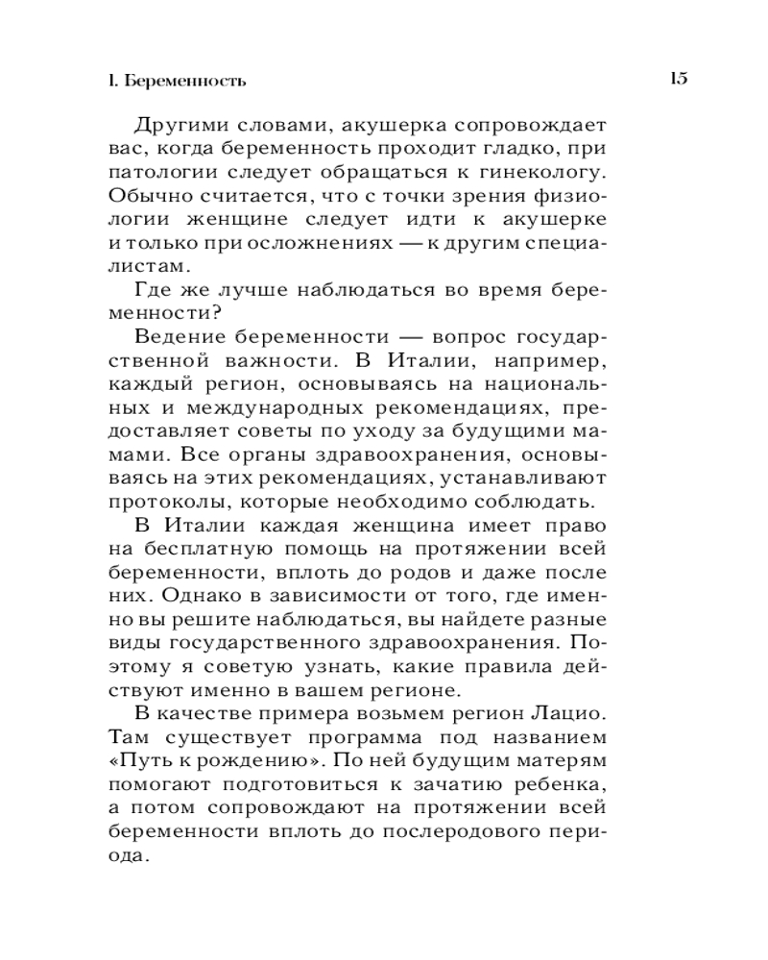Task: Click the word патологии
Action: (x=156, y=173)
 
